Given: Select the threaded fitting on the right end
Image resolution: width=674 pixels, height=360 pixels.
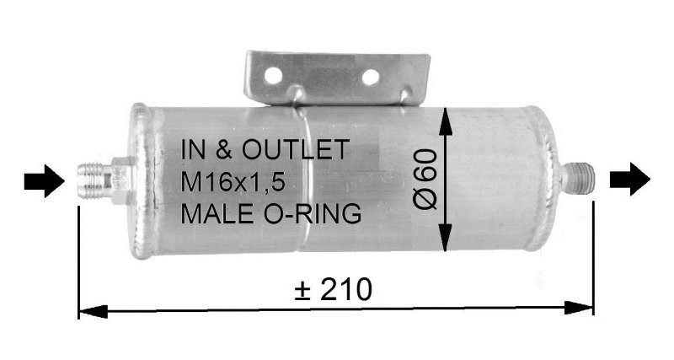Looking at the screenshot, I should pyautogui.click(x=580, y=178).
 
